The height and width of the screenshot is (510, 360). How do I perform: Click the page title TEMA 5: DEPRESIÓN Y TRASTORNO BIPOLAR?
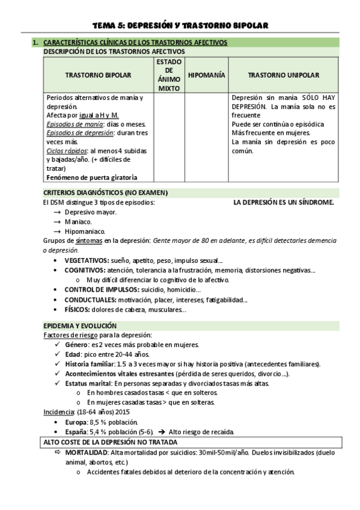180,25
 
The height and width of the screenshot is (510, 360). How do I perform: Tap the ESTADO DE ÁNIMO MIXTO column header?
169,75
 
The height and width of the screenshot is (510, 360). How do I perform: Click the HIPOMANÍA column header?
206,75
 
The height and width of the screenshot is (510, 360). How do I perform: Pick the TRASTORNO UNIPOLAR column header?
283,75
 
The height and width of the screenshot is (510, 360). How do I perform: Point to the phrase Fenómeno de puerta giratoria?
91,177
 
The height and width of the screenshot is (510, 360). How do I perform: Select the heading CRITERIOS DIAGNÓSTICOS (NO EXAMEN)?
105,192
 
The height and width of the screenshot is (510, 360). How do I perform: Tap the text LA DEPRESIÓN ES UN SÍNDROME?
283,203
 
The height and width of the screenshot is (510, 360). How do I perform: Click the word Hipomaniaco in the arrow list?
85,231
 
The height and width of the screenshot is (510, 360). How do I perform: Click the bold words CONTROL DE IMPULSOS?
98,290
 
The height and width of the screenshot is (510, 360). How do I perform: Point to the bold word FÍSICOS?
78,310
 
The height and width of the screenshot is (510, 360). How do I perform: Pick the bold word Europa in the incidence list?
76,422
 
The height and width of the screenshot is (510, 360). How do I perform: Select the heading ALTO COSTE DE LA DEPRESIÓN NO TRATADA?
115,442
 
